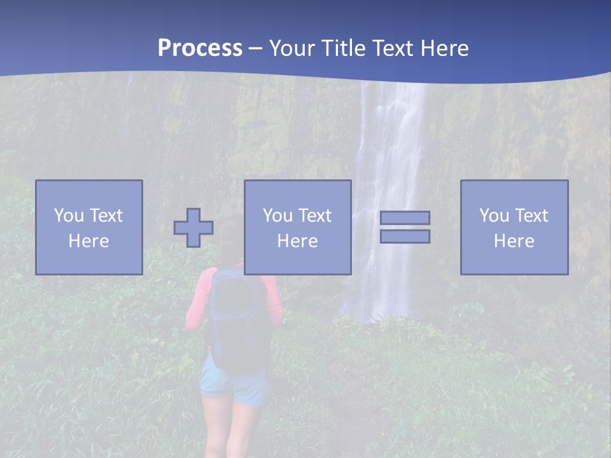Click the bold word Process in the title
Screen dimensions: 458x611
tap(200, 48)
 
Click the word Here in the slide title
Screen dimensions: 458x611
tap(444, 48)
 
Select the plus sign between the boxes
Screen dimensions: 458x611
tap(193, 227)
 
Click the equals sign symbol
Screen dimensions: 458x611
tap(405, 227)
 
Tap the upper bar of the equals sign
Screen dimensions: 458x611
tap(405, 218)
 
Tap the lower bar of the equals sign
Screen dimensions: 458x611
tap(405, 236)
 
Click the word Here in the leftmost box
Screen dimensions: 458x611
tap(88, 241)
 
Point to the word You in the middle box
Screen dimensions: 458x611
tap(277, 216)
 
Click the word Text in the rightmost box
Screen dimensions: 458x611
tap(533, 216)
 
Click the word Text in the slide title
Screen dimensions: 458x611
tap(393, 48)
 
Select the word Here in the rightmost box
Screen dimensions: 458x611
tap(514, 241)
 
